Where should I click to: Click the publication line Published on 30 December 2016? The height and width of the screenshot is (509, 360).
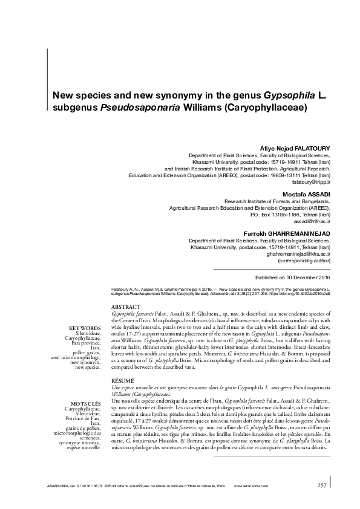pos(293,276)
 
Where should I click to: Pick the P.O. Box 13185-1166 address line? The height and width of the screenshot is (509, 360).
pos(290,214)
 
